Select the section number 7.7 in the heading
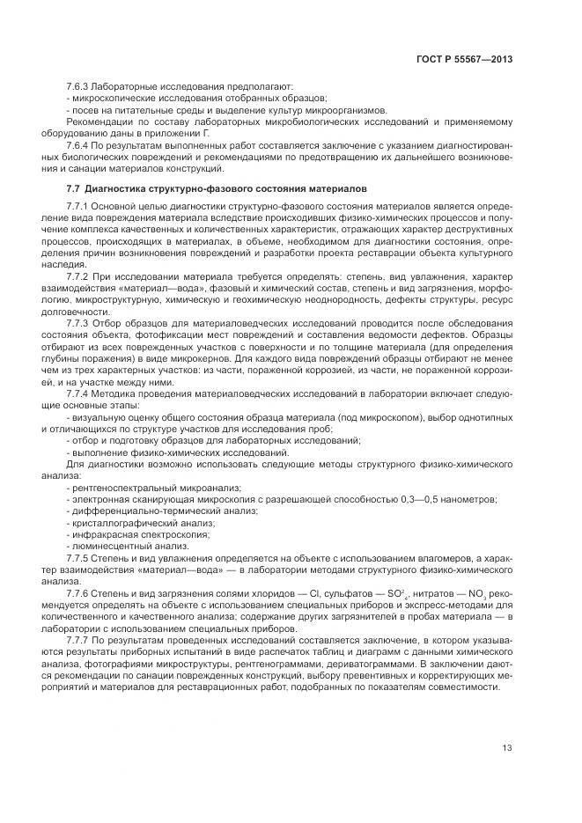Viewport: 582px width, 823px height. tap(73, 188)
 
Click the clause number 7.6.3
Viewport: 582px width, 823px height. tap(78, 86)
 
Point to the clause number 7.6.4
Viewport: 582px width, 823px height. tap(78, 143)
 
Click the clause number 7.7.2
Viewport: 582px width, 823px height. tap(78, 276)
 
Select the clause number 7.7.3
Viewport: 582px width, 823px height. tap(78, 322)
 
